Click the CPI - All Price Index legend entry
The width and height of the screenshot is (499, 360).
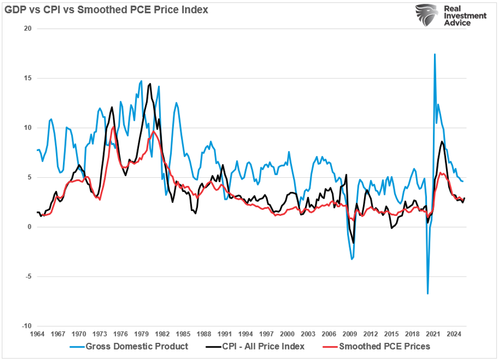[261, 346]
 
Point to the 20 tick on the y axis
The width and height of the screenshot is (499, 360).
[28, 29]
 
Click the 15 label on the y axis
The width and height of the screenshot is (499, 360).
[28, 78]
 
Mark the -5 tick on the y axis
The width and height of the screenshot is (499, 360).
[29, 276]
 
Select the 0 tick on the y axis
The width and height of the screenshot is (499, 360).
[30, 227]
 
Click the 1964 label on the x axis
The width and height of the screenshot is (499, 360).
[38, 333]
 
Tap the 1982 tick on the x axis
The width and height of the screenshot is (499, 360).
[163, 333]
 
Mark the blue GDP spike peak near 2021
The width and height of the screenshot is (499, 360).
[435, 54]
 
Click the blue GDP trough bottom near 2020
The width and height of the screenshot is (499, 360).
[427, 294]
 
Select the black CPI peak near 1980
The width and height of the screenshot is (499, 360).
[150, 84]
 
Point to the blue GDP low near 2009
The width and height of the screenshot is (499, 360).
[351, 259]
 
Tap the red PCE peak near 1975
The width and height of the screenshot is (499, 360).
[113, 128]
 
